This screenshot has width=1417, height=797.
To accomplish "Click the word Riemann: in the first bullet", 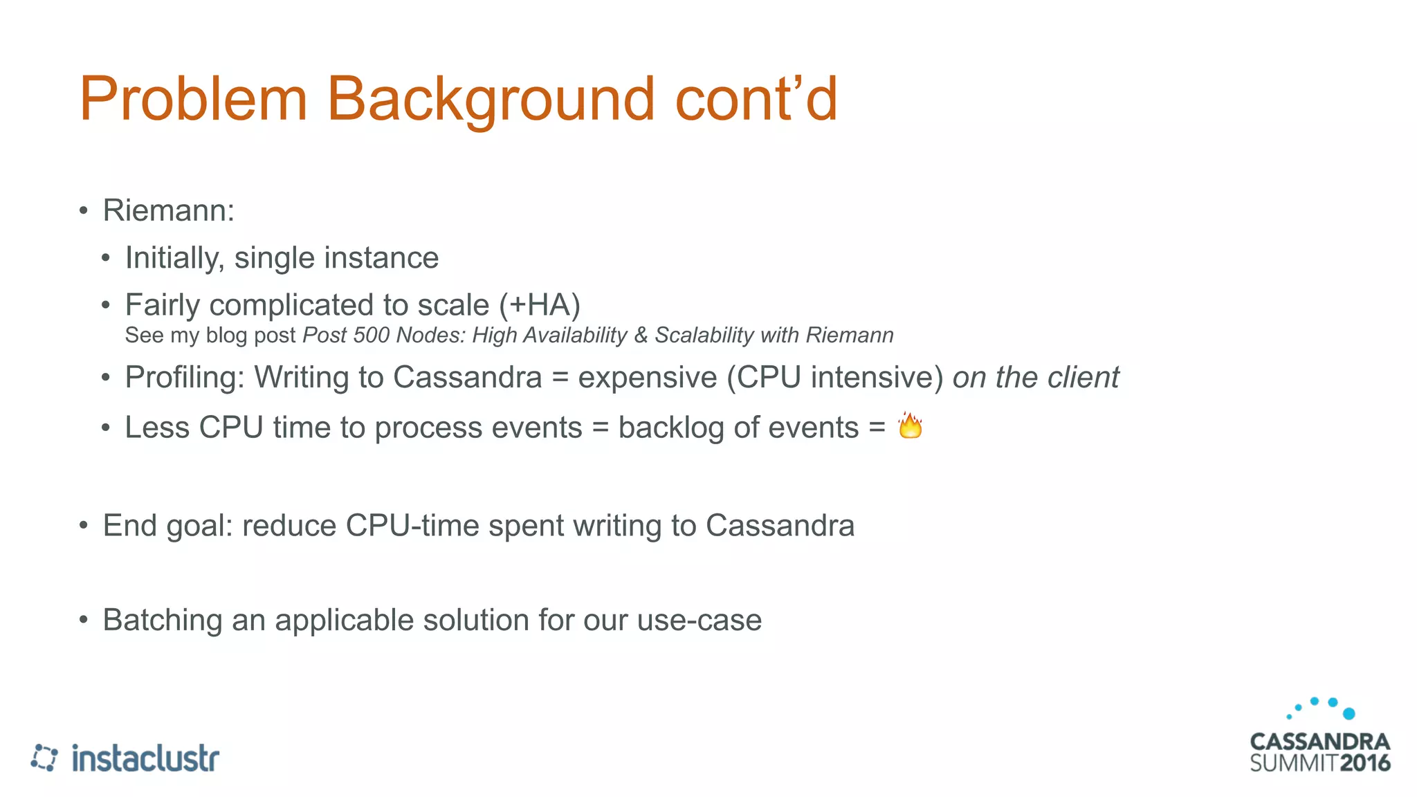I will (x=169, y=210).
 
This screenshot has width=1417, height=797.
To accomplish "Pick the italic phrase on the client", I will (x=1035, y=378).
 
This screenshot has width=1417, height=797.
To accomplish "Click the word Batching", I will (x=163, y=620).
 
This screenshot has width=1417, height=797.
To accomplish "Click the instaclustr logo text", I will (x=145, y=758).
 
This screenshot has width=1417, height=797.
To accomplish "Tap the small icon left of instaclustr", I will (x=44, y=758).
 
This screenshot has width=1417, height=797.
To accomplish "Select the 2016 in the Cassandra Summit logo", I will (x=1364, y=763).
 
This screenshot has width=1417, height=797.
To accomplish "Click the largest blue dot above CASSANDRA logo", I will (x=1349, y=713).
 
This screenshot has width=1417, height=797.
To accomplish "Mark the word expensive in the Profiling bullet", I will (x=647, y=378).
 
